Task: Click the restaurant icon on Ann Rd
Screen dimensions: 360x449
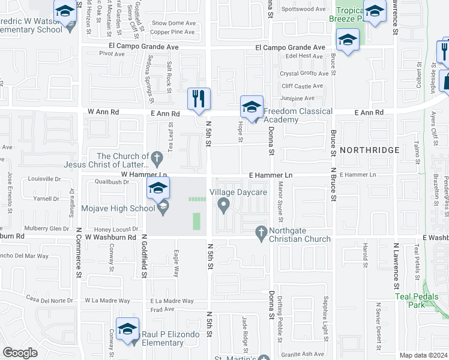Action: tap(199, 98)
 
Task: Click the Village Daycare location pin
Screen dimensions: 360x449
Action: tap(224, 206)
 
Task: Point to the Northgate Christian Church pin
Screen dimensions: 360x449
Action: tap(261, 231)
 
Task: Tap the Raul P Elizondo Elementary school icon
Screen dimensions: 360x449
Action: tap(127, 329)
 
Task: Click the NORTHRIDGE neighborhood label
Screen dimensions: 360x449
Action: tap(369, 149)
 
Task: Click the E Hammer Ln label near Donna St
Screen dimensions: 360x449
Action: tap(271, 175)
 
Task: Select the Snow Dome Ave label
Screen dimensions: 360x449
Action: tap(174, 23)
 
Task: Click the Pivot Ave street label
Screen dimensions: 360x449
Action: tap(112, 53)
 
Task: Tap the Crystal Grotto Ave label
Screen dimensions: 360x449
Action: tap(304, 74)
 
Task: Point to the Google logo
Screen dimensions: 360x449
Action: tap(20, 353)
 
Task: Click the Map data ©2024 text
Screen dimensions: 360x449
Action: tap(423, 355)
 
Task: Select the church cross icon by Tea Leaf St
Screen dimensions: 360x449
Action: tap(157, 159)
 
